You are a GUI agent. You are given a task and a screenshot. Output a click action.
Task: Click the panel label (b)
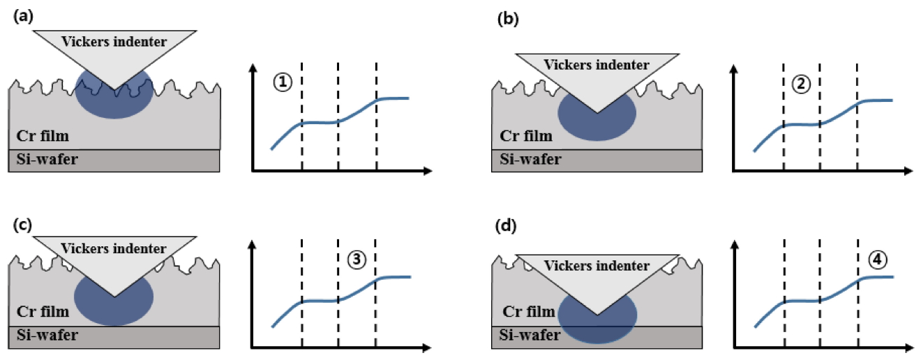click(x=507, y=20)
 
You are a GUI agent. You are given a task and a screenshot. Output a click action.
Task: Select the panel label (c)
click(x=21, y=225)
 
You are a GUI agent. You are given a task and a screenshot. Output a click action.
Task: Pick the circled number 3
click(x=356, y=259)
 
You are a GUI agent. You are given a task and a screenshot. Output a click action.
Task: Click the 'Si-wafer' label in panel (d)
click(x=531, y=335)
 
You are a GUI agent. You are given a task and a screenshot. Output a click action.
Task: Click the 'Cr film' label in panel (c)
click(x=42, y=312)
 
